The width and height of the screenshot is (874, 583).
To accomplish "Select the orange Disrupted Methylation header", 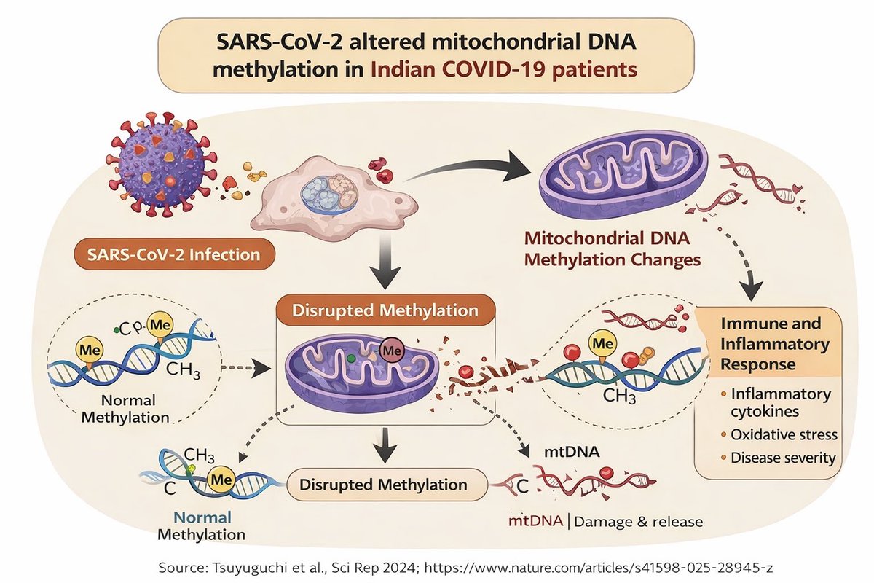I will click(x=385, y=310).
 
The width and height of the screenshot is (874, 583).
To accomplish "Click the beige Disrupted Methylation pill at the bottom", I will click(x=385, y=484).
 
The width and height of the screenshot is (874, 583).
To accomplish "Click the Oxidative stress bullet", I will click(x=784, y=434).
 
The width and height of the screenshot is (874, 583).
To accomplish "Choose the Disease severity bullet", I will click(x=784, y=459).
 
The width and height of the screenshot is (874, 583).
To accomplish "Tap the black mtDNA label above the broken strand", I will click(x=572, y=452).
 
